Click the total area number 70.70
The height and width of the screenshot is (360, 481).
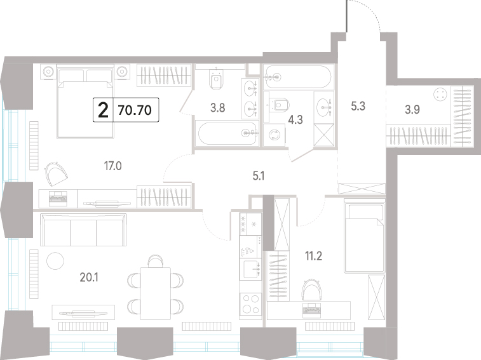[135, 110]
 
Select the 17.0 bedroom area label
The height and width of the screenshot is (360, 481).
[113, 166]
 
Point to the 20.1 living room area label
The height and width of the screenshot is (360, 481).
[89, 277]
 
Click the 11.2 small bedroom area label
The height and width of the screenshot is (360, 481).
[313, 256]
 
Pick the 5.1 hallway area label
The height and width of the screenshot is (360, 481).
[259, 176]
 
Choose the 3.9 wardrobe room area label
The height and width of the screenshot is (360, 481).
[412, 109]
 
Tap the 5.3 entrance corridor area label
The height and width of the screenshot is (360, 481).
[358, 107]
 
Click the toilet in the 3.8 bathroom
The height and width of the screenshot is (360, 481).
[216, 79]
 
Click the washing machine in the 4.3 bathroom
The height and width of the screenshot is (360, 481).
[274, 135]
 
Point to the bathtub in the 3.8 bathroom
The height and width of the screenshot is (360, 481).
[227, 133]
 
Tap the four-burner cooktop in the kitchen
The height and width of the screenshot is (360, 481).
[250, 304]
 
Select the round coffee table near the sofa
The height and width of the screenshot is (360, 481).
[55, 261]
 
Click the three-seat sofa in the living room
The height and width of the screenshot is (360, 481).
[83, 230]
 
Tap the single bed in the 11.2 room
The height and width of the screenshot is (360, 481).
[365, 236]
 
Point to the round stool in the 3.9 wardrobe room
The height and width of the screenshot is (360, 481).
[440, 94]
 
